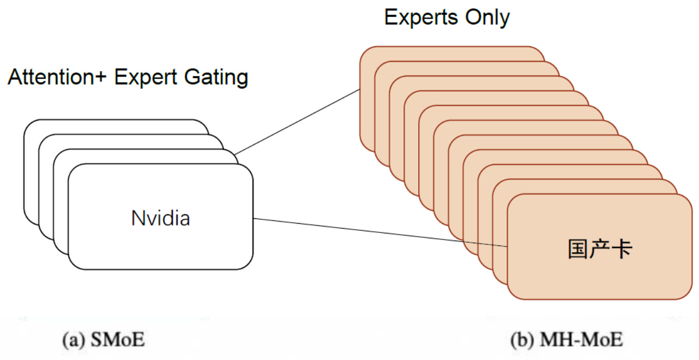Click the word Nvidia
coord(161,218)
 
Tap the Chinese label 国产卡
coord(600,250)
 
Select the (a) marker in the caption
coord(73,340)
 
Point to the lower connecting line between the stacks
coord(380,232)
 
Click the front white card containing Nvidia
coord(161,244)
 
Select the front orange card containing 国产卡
coord(600,277)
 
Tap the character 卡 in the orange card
coord(622,250)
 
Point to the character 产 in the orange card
coord(600,250)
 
